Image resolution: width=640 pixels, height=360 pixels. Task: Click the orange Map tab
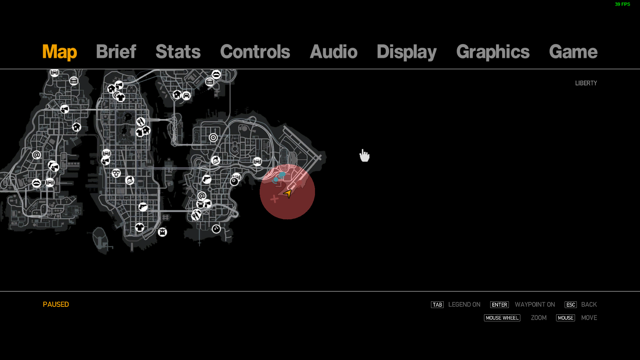point(60,52)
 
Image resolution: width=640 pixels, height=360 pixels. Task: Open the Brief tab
point(116,52)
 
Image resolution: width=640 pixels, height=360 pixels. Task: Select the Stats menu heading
point(178,52)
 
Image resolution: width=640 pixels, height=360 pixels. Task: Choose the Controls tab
point(255,52)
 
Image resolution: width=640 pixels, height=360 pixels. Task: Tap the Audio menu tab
point(333,52)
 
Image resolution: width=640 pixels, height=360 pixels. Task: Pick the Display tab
point(406,52)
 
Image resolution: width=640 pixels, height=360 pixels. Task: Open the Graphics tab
point(493,52)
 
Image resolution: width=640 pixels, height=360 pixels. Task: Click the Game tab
point(573,52)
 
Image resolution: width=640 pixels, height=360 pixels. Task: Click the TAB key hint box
point(437,305)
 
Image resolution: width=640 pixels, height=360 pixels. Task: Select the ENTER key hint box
point(499,305)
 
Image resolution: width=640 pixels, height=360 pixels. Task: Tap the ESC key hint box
point(570,305)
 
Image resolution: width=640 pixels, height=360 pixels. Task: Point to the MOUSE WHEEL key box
point(502,318)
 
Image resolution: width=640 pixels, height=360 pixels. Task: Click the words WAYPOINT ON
point(535,305)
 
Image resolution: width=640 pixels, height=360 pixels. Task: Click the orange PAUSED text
point(56,304)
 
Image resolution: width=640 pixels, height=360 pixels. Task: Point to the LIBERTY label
point(586,83)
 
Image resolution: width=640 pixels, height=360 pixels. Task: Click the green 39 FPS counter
point(622,4)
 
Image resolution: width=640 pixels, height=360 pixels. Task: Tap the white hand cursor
point(364,156)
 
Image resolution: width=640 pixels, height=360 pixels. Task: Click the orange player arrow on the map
point(288,193)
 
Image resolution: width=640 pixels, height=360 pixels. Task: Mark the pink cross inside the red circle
point(274,199)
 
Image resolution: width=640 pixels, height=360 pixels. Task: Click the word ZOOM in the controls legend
point(539,318)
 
